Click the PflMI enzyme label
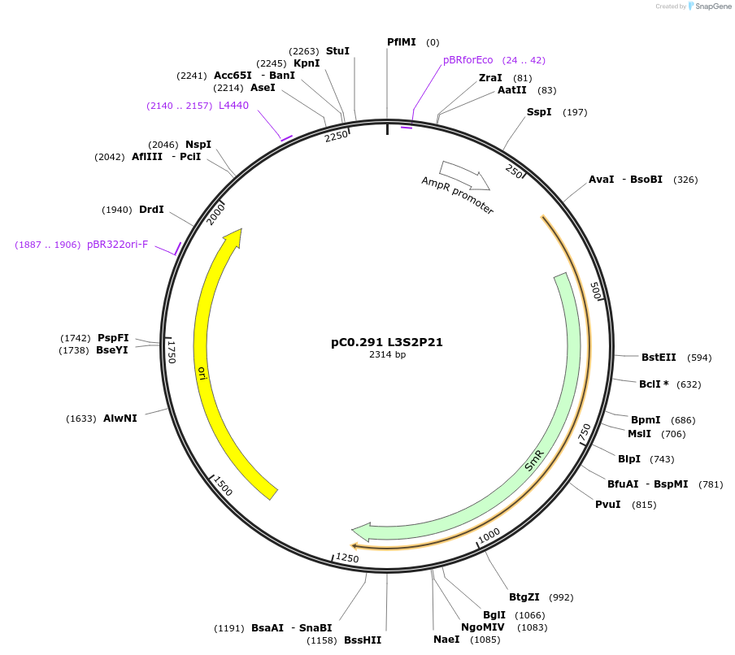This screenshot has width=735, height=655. point(401,42)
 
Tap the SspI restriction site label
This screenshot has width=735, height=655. point(539,112)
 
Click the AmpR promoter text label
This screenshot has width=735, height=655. point(458,195)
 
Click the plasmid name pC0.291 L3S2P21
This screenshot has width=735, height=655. point(387,342)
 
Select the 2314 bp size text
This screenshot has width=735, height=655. point(387,354)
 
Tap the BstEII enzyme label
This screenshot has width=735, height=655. point(659,358)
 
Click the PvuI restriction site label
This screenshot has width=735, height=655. point(608,505)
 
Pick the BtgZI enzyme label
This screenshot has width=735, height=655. point(524,597)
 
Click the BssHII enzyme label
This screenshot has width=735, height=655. point(363,640)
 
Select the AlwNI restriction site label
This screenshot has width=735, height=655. point(120,419)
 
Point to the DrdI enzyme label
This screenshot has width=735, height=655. point(151,210)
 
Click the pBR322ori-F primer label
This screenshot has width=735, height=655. point(118,245)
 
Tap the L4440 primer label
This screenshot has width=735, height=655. point(233,106)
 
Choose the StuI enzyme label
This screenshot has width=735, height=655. point(337,50)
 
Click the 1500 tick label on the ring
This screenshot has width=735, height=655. point(221,486)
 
